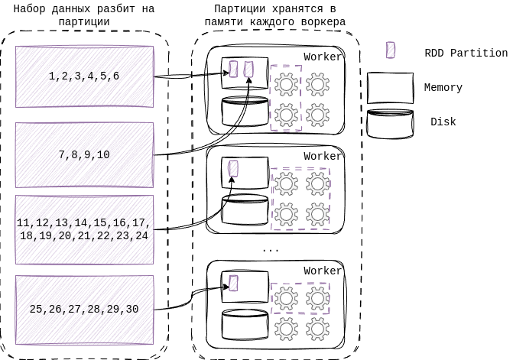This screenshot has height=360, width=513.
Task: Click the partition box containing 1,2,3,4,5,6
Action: (84, 76)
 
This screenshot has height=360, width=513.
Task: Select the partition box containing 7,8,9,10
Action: (84, 154)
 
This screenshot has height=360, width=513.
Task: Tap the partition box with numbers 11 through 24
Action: (84, 229)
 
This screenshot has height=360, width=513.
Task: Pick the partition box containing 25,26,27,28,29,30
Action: (84, 309)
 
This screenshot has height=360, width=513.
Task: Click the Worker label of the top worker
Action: (323, 57)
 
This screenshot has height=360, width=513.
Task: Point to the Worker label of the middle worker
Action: (323, 156)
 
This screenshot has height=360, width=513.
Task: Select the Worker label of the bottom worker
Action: (323, 271)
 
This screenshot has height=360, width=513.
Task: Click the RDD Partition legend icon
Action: (391, 51)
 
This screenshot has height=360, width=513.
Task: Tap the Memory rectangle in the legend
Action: (390, 88)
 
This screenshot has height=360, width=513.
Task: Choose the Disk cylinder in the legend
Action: (390, 123)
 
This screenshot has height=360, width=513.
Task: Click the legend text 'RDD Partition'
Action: (466, 53)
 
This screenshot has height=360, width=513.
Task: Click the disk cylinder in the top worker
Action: (244, 112)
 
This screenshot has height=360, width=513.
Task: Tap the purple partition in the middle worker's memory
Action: (233, 168)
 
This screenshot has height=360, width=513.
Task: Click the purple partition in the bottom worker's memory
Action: (233, 283)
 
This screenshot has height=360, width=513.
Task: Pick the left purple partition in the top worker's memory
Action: (234, 69)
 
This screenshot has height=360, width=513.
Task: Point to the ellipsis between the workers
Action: (271, 250)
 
